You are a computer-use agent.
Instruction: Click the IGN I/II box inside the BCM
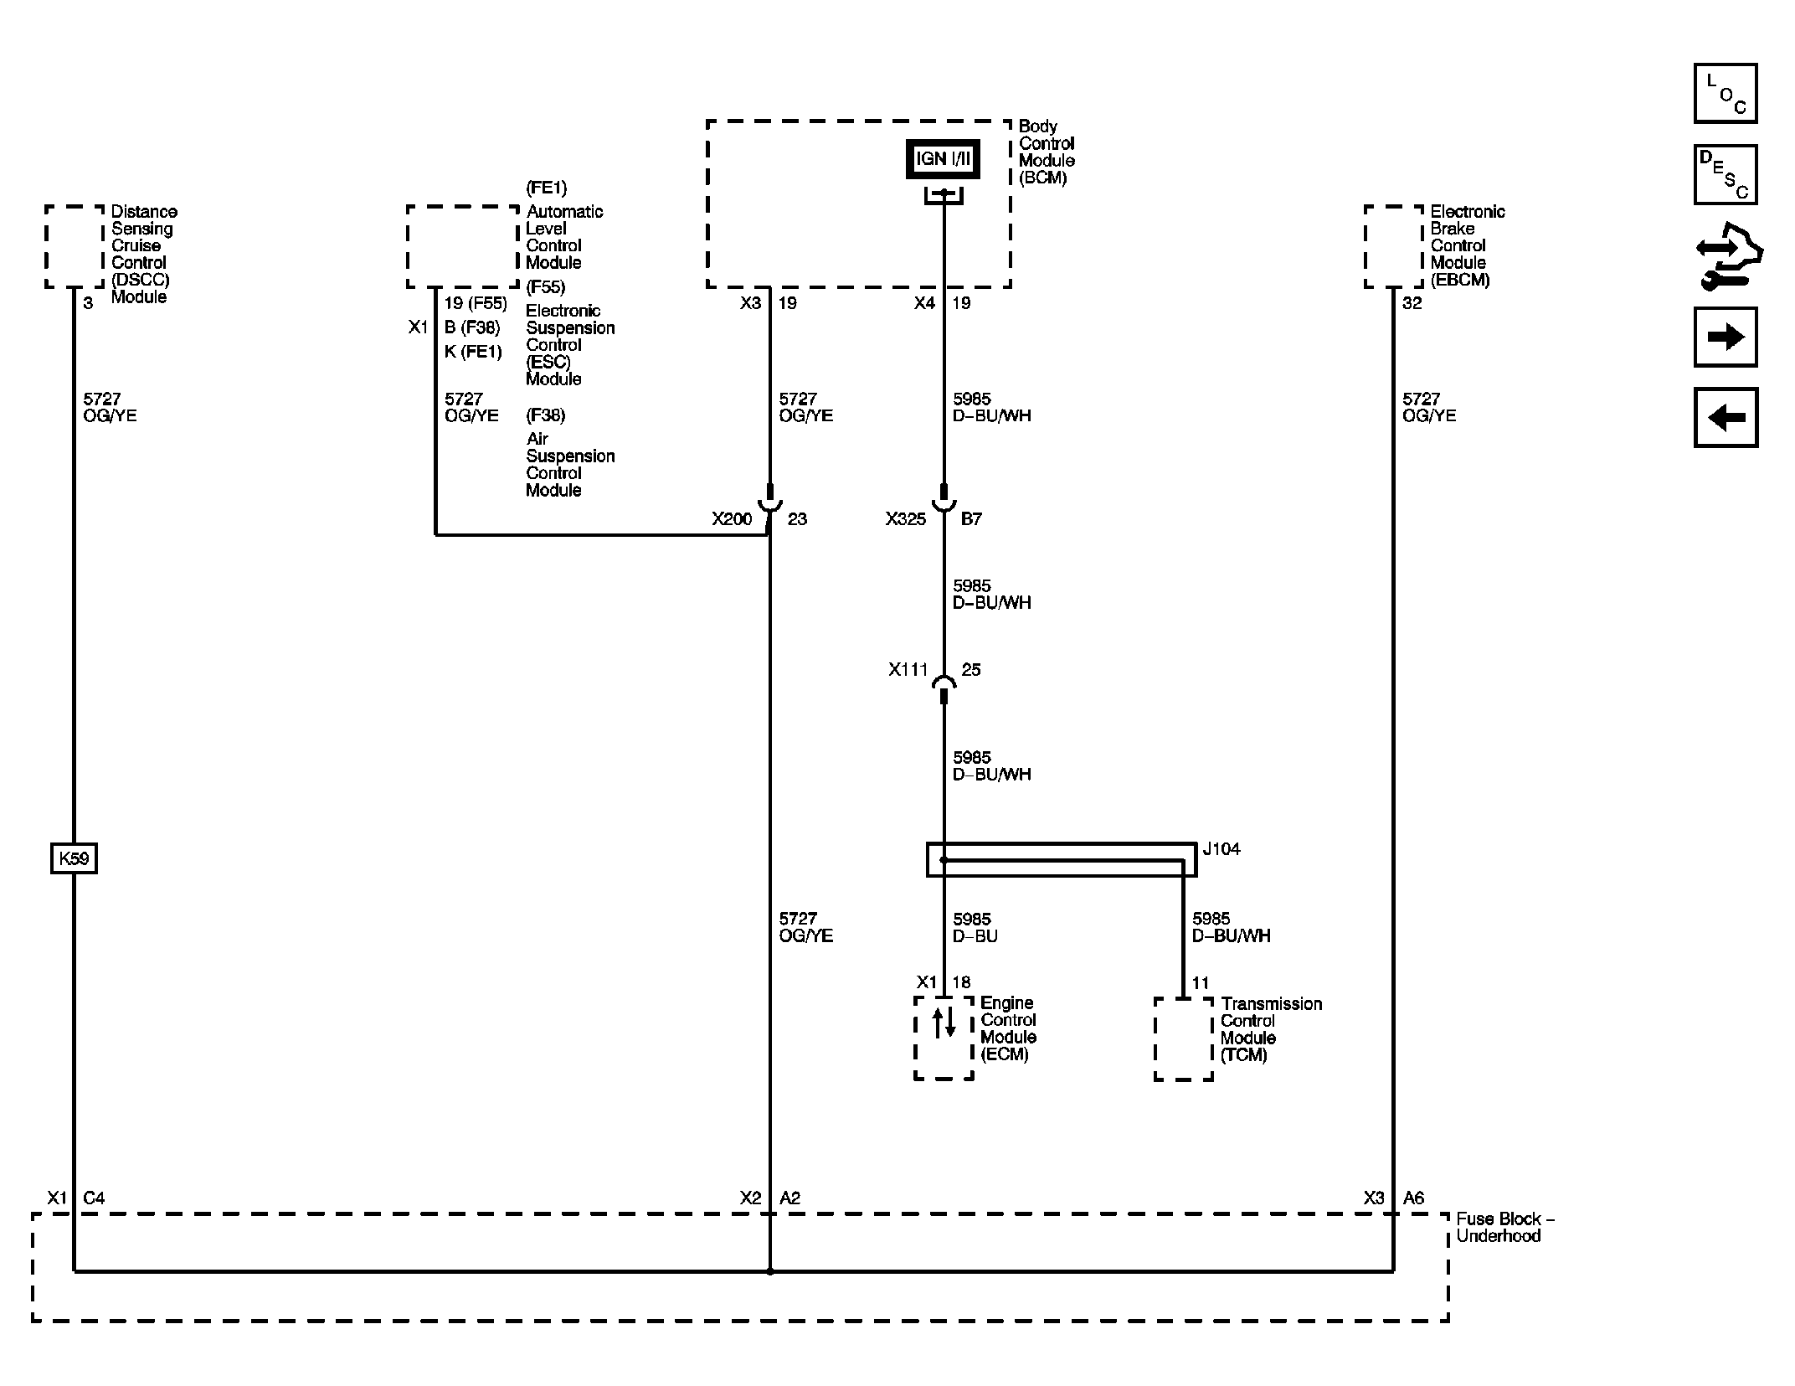tap(943, 159)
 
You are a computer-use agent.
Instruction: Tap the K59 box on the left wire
tap(74, 858)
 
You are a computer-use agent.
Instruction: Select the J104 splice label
tap(1221, 849)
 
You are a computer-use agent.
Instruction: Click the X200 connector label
tap(732, 519)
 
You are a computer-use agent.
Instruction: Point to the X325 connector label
tap(905, 519)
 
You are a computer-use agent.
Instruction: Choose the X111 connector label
tap(908, 670)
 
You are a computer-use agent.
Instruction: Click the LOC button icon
tap(1725, 94)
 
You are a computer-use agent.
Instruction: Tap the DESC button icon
tap(1725, 174)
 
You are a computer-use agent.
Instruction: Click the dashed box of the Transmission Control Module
tap(1183, 1038)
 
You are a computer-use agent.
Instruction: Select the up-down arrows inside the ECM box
tap(944, 1023)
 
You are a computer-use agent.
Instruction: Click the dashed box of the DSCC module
tap(75, 246)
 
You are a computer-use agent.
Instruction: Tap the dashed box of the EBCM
tap(1393, 246)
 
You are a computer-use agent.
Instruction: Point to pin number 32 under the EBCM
tap(1412, 303)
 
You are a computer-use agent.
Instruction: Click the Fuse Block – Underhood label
tap(1504, 1228)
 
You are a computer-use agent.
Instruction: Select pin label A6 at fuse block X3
tap(1413, 1198)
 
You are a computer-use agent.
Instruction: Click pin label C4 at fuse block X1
tap(94, 1198)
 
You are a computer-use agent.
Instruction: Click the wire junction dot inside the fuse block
tap(770, 1271)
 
